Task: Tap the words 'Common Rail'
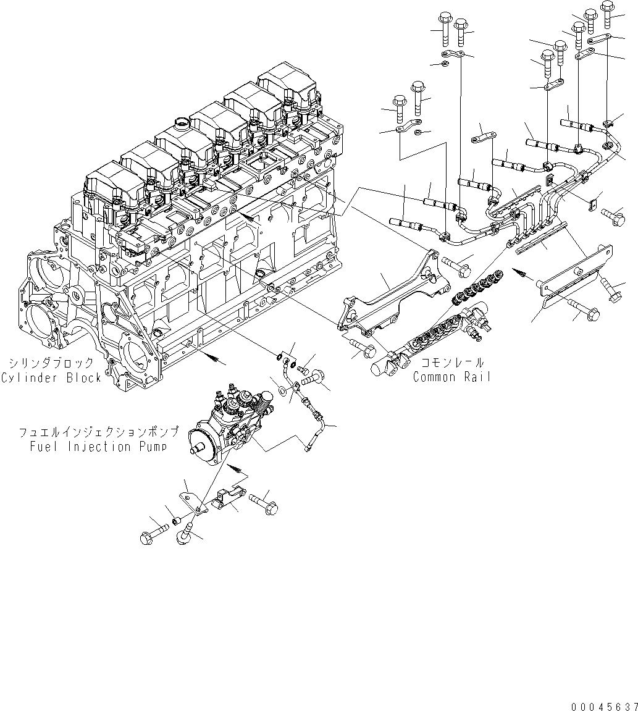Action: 451,377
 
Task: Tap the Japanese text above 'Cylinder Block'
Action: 52,364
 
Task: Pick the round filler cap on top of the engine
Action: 183,124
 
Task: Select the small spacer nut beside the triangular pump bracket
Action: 175,523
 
